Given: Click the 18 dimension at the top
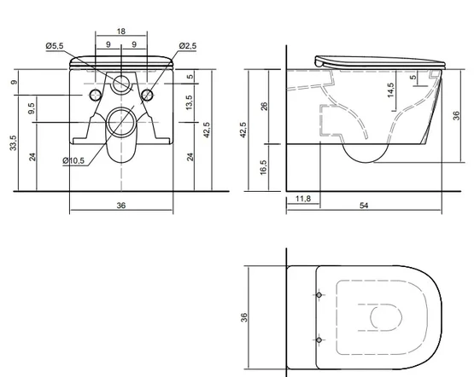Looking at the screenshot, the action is (x=121, y=32).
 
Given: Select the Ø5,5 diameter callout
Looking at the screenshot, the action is (x=55, y=46).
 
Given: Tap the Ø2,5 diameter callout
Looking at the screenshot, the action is (x=187, y=46).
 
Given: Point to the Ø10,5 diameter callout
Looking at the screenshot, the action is (x=73, y=161).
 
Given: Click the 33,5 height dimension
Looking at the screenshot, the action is (x=15, y=142).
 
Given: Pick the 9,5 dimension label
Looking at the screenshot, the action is (x=32, y=108).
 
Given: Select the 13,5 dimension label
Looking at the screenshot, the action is (x=190, y=102).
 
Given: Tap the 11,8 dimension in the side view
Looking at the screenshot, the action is (x=303, y=199).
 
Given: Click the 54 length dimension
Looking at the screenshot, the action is (x=364, y=206).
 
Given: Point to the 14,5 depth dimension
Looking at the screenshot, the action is (x=390, y=90).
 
